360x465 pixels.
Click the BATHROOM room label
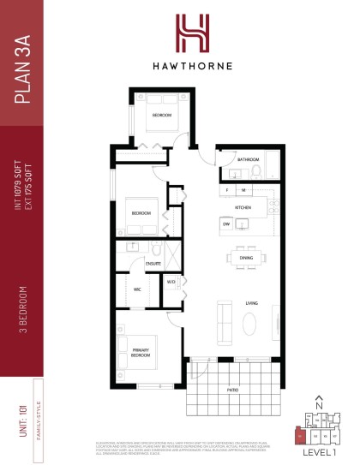coord(249,159)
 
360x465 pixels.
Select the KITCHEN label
coord(243,208)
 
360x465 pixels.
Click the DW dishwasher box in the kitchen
coord(227,224)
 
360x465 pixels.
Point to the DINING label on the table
coord(246,258)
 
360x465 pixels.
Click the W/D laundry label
coord(171,281)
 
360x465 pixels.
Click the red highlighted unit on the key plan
coord(299,436)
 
